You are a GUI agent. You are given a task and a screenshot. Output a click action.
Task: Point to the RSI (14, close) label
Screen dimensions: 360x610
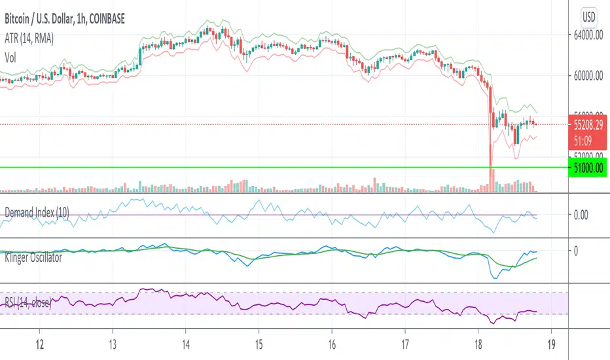[x=30, y=302]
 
